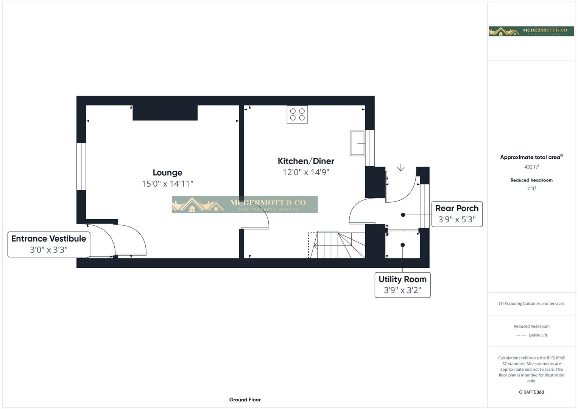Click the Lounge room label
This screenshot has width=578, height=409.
167,173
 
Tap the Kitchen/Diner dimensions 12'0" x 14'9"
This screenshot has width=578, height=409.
306,172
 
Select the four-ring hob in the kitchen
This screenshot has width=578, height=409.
297,114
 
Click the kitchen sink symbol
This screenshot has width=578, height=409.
357,143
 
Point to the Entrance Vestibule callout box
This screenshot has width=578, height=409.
49,244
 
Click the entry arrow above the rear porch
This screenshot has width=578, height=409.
401,168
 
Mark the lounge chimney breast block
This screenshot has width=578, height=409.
165,113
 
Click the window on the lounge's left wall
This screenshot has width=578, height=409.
81,166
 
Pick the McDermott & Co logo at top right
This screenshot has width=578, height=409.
531,31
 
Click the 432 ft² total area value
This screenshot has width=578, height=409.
531,167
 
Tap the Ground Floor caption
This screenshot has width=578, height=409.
245,400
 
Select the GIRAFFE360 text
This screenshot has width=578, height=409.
531,392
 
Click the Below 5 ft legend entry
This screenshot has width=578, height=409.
532,335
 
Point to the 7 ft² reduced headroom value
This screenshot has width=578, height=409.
531,189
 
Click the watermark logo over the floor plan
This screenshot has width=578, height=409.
245,204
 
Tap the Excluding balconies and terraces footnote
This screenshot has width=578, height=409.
531,303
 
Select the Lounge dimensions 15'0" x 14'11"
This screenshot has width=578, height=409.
167,184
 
